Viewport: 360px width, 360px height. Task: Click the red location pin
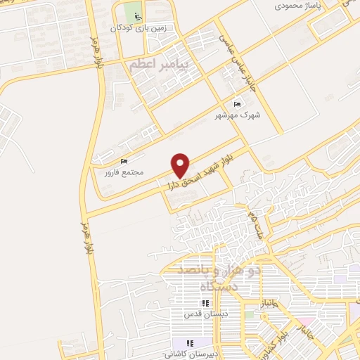point(181,165)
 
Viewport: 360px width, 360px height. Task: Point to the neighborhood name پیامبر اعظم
point(160,65)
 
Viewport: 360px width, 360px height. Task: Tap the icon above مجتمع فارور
point(125,161)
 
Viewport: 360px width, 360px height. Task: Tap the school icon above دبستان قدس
point(205,303)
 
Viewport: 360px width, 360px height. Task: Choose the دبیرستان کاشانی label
point(187,354)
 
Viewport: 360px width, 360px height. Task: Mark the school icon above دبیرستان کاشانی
point(188,343)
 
